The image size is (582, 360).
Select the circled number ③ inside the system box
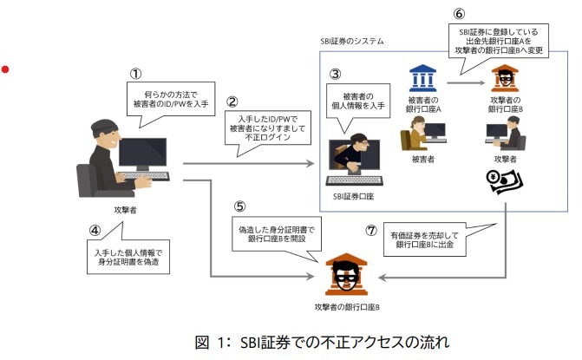pyautogui.click(x=336, y=74)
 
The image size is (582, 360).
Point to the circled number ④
pyautogui.click(x=98, y=232)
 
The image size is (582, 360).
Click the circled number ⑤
pyautogui.click(x=240, y=208)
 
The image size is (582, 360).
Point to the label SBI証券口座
pyautogui.click(x=353, y=195)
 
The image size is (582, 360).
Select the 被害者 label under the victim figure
pyautogui.click(x=424, y=160)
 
